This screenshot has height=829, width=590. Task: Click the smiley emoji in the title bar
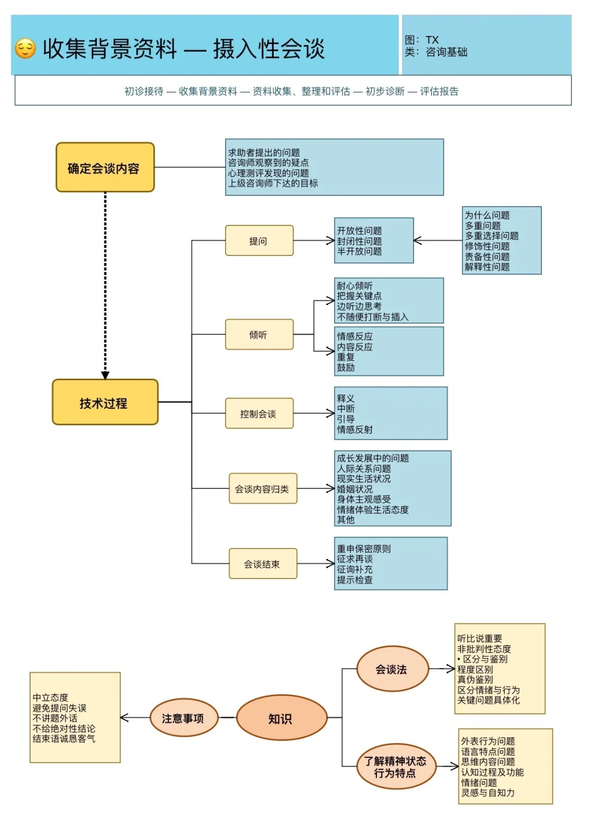(25, 49)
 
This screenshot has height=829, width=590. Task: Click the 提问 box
(259, 241)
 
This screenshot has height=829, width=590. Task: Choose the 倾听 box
(259, 335)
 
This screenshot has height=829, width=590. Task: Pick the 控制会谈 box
(259, 414)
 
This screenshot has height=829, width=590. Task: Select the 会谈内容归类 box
(262, 488)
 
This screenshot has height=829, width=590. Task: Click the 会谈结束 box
(262, 564)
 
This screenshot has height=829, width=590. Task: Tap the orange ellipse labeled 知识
(281, 718)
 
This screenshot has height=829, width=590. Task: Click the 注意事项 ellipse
(184, 718)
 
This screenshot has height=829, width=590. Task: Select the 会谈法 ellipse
(392, 669)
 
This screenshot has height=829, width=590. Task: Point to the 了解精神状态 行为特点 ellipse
(396, 767)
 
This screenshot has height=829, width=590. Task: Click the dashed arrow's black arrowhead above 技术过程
(105, 375)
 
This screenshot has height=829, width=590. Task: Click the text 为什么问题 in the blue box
(487, 216)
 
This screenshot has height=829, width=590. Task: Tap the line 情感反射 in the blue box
(355, 430)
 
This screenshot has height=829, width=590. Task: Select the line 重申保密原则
(364, 548)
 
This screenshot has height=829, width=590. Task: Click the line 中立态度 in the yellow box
(50, 697)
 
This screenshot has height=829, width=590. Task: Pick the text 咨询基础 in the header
(446, 52)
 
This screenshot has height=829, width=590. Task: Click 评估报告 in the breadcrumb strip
(439, 91)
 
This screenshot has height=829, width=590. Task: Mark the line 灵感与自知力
(488, 792)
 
